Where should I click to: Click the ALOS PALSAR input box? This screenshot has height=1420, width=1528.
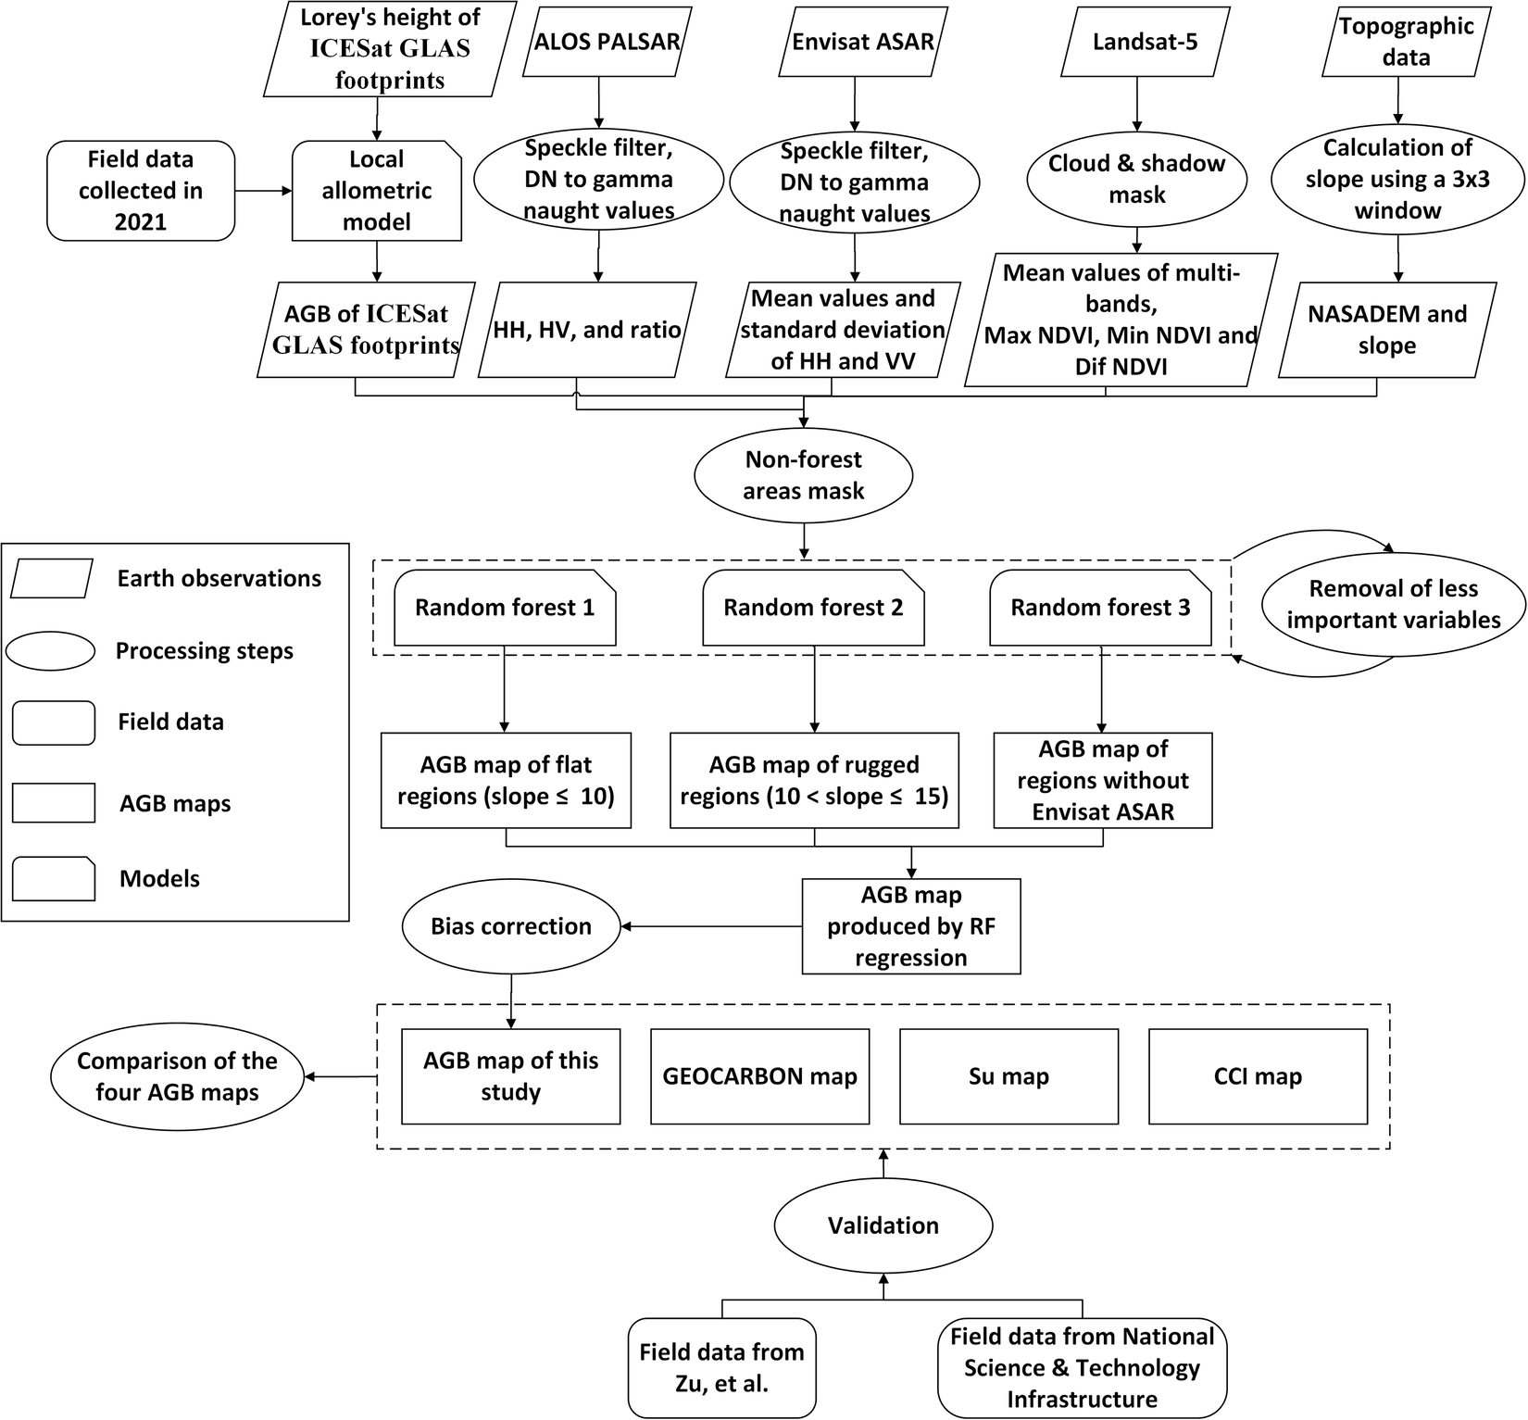(607, 42)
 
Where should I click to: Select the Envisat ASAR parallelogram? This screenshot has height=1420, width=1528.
(862, 42)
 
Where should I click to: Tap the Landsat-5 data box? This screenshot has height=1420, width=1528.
(1145, 42)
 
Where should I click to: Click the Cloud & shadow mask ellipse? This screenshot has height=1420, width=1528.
(1136, 179)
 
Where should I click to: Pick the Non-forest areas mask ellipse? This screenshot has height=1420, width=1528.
(803, 475)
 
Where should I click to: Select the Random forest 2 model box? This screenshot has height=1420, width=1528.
(813, 609)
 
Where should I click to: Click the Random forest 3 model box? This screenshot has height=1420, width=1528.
(1100, 609)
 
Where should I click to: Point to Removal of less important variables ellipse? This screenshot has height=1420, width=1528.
(1393, 604)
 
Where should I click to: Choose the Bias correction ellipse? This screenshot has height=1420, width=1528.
(510, 926)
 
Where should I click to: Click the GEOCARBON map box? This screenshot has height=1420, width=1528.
(759, 1076)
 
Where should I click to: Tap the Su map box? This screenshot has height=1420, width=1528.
(1008, 1076)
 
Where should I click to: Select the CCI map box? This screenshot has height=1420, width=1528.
(1258, 1076)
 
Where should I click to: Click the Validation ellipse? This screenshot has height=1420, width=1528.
(883, 1225)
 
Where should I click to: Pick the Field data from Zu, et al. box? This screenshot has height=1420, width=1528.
(721, 1368)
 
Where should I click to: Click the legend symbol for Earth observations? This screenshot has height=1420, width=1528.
(53, 579)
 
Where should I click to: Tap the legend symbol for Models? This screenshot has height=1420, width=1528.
(54, 878)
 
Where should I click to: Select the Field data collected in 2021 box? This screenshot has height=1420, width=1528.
(141, 191)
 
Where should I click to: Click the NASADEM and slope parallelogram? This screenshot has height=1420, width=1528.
(1386, 330)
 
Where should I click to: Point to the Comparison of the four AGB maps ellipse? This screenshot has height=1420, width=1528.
(177, 1076)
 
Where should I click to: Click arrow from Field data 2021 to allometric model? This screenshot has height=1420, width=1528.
(263, 191)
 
